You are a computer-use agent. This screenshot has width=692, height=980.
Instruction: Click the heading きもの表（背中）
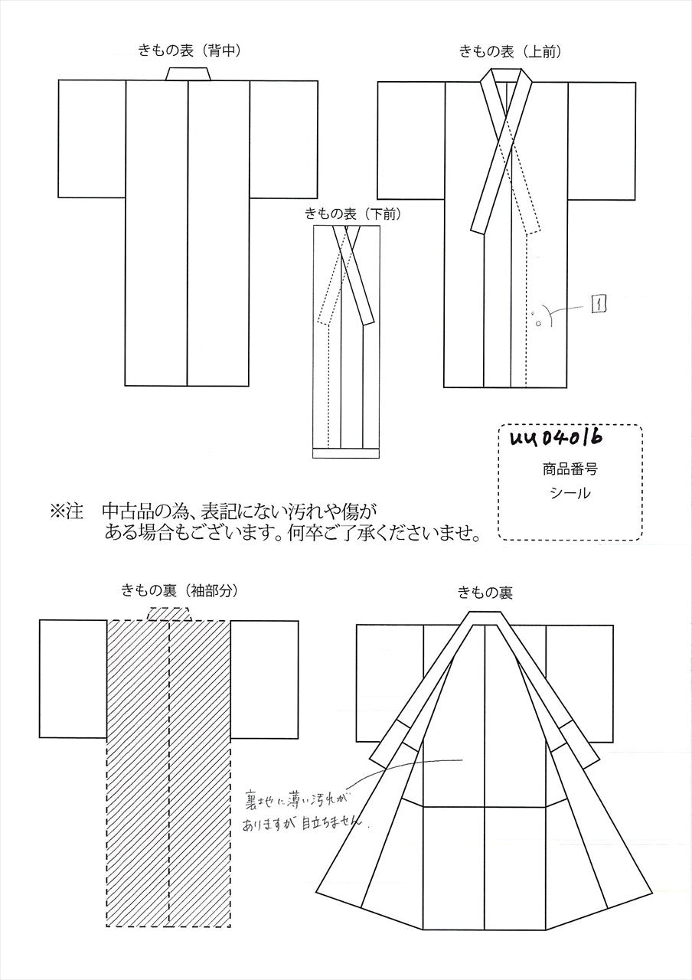190,51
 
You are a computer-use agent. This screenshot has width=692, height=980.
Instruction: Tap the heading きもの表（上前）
511,52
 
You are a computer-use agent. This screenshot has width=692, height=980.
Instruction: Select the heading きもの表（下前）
353,214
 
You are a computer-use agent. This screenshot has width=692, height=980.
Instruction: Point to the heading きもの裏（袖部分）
180,592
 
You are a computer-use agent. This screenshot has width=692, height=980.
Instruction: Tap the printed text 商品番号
570,470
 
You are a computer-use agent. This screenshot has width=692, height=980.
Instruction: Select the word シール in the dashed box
570,494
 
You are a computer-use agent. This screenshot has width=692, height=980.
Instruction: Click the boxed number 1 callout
598,304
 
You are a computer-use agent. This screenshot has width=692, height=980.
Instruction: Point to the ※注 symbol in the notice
67,511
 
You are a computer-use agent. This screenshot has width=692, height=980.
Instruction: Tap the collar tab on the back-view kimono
188,74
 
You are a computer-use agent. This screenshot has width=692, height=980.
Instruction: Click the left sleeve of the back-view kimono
92,139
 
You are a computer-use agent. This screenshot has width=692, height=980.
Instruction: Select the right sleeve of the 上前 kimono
602,141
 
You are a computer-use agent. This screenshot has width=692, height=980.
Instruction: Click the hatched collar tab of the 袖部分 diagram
170,614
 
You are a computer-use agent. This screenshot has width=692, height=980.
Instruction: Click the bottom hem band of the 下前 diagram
346,453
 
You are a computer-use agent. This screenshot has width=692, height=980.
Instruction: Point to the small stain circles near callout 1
536,318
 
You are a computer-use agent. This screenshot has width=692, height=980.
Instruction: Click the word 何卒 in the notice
302,534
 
